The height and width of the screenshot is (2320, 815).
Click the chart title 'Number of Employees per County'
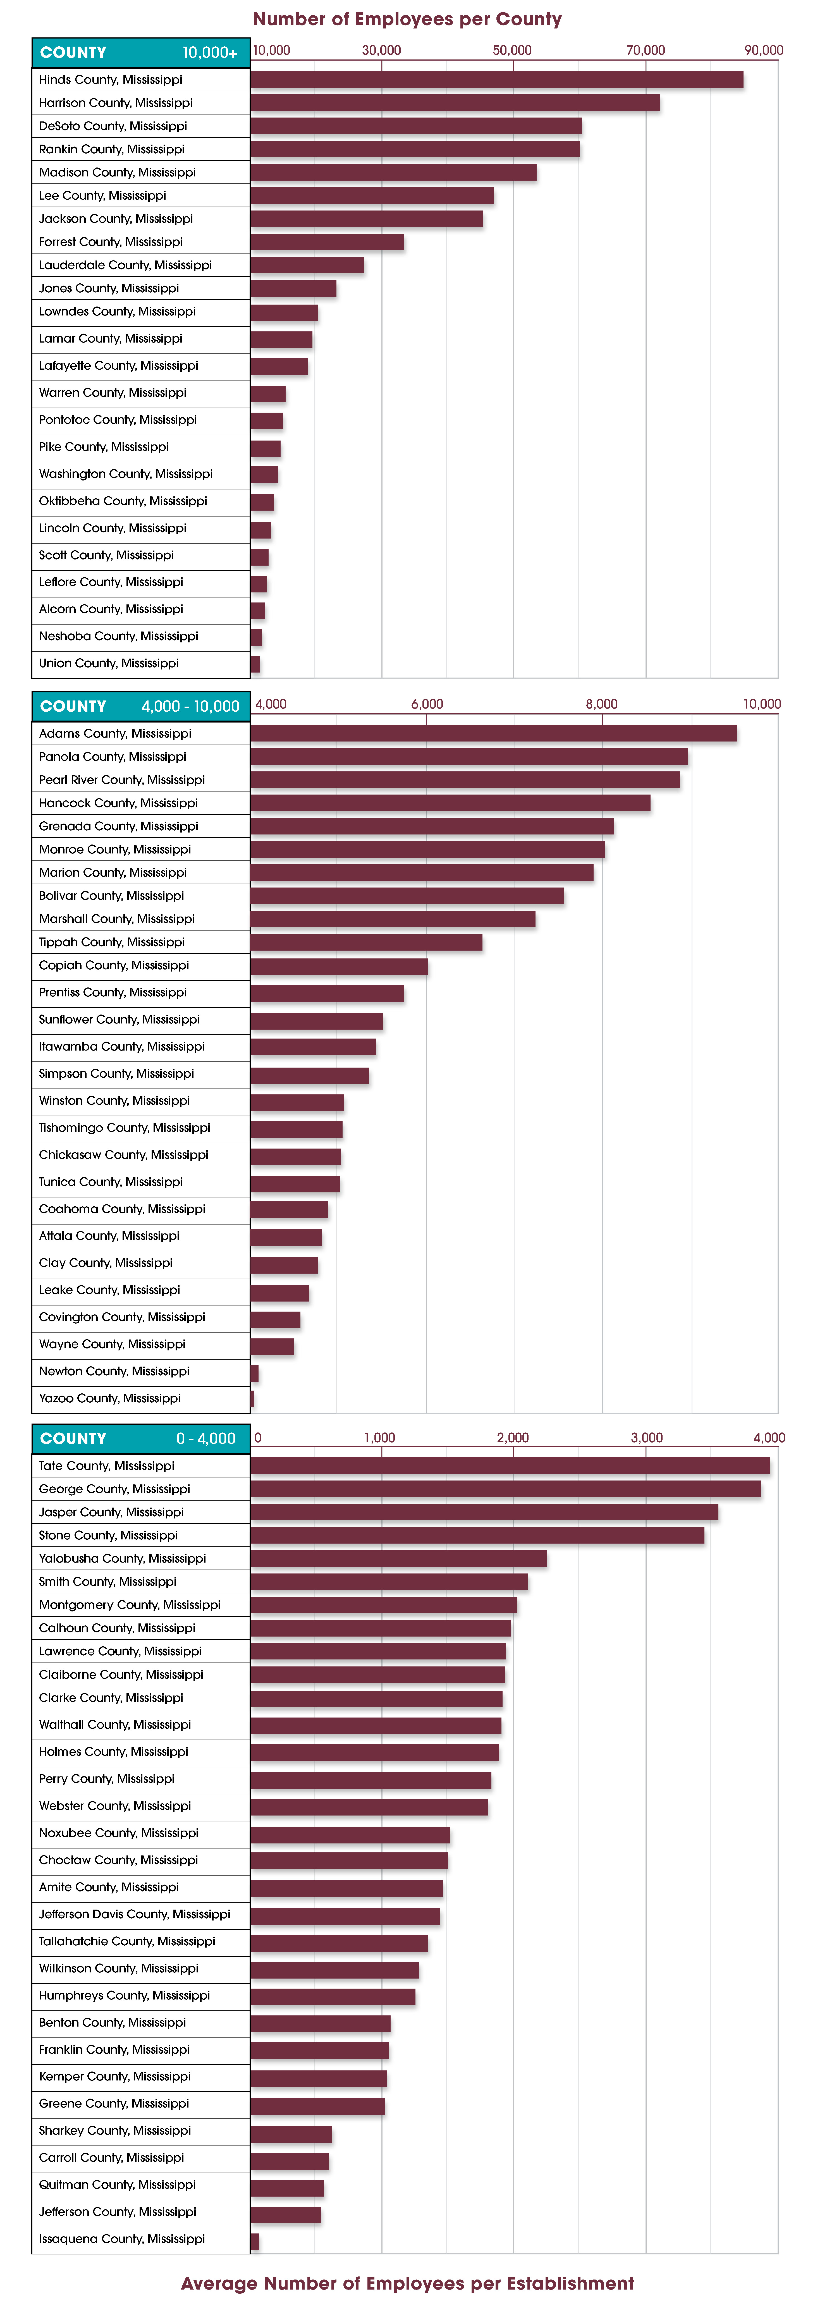tap(407, 19)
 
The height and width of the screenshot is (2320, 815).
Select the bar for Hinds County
tap(497, 79)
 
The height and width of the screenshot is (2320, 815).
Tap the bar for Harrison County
tap(455, 103)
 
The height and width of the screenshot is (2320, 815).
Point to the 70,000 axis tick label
tap(646, 51)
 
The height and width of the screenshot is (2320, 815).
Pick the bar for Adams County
tap(494, 733)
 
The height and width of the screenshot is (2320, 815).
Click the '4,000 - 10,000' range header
tap(190, 706)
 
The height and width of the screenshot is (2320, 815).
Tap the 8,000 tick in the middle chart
tap(602, 704)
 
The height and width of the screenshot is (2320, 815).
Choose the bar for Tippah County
tap(367, 942)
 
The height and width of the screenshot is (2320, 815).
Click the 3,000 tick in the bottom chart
tap(647, 1438)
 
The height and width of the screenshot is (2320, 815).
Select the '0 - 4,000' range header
tap(206, 1438)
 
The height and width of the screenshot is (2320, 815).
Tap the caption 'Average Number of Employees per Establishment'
tap(407, 2283)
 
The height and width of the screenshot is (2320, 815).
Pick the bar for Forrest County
tap(328, 241)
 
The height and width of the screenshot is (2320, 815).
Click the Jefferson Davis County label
tap(134, 1914)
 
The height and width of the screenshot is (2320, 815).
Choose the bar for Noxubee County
tap(350, 1835)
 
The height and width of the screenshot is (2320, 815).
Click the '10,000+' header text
tap(210, 52)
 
